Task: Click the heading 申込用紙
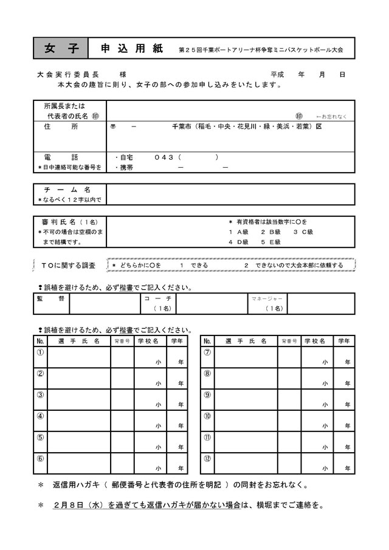coord(131,48)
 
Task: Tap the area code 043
coord(164,157)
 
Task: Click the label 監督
coord(50,298)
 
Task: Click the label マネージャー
coord(267,298)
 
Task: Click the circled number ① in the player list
coord(40,352)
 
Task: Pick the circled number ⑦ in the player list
coord(207,352)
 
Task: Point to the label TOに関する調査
coord(68,265)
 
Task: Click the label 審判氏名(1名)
coord(67,222)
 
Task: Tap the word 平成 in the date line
coord(277,74)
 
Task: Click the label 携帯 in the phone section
coord(126,167)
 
